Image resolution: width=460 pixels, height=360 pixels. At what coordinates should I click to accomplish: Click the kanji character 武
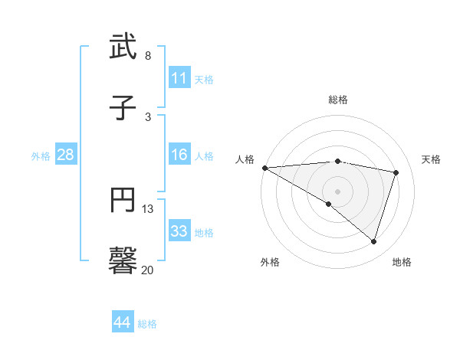(x=123, y=47)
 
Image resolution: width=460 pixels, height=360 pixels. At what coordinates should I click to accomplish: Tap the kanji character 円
(x=123, y=201)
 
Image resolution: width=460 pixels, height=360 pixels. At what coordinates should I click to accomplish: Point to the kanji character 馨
(x=123, y=261)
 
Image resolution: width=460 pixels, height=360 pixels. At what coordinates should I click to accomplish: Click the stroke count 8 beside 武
(x=148, y=56)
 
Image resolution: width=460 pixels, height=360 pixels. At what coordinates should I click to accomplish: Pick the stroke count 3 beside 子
(x=148, y=116)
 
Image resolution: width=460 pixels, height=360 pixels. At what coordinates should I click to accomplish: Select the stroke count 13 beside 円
(x=148, y=209)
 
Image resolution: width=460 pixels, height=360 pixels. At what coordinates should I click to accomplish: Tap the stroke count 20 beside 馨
(x=148, y=270)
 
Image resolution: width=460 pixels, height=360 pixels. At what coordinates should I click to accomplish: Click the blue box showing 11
(x=179, y=78)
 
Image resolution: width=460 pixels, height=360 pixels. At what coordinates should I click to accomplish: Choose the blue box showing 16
(x=179, y=155)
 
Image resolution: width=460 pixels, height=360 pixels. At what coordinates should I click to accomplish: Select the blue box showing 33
(x=179, y=231)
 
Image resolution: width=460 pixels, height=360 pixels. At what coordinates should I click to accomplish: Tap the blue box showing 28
(x=66, y=155)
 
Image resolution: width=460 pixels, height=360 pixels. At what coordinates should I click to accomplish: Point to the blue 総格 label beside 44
(x=147, y=324)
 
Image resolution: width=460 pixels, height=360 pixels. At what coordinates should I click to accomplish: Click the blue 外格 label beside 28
(x=41, y=156)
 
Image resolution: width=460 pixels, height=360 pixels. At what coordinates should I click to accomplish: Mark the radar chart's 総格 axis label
(x=337, y=100)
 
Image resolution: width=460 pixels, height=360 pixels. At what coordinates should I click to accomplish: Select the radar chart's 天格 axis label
(x=432, y=159)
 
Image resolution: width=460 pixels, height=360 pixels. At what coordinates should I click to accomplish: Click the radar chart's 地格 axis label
(x=402, y=262)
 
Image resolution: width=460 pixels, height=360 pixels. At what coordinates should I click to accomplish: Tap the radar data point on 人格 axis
(x=264, y=168)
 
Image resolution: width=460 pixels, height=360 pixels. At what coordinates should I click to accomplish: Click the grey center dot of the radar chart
(x=337, y=191)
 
